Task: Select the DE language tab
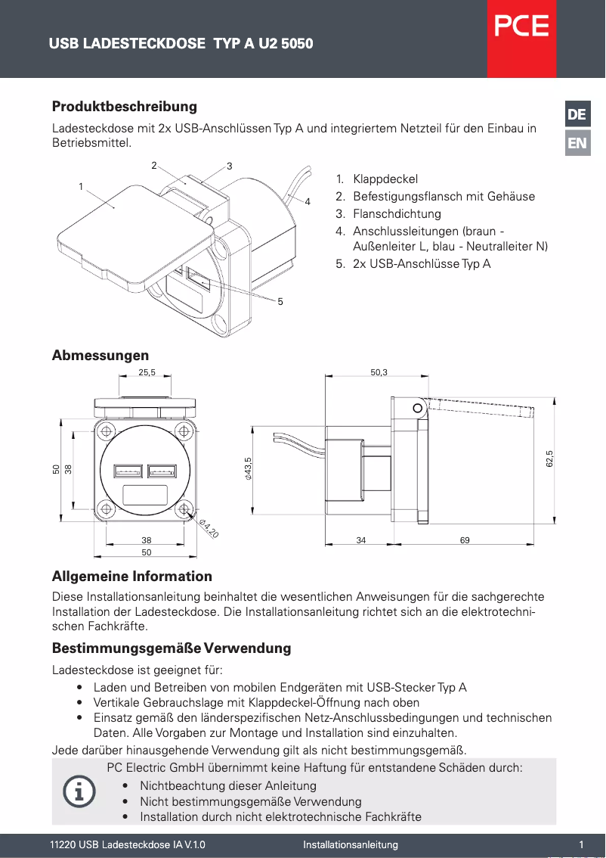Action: coord(577,115)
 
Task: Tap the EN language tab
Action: coord(577,143)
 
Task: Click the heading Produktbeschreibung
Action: coord(124,106)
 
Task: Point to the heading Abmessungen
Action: coord(100,356)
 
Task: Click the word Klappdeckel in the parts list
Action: coord(385,180)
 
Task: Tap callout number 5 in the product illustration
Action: coord(280,301)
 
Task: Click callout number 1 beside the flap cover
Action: coord(80,185)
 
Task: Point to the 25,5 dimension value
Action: coord(147,372)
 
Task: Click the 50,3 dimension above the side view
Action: coord(379,372)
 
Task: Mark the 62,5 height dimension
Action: coord(550,459)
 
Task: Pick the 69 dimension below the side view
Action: coord(464,540)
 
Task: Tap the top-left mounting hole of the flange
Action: coord(107,431)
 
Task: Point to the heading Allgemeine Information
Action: coord(131,577)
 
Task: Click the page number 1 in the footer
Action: coord(581,844)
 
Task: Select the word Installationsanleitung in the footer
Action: coord(350,844)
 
